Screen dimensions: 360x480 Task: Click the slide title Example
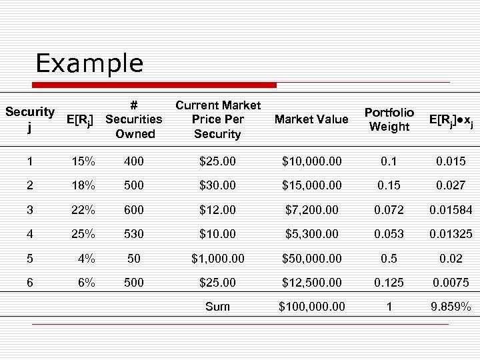(x=89, y=64)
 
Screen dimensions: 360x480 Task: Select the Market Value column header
(x=311, y=119)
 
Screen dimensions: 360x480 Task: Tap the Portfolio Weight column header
(x=389, y=119)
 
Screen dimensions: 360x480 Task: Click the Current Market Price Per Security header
(x=217, y=119)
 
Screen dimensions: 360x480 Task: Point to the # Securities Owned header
(x=134, y=119)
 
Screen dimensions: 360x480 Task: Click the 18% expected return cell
(x=83, y=186)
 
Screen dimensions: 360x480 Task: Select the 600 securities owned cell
(x=133, y=210)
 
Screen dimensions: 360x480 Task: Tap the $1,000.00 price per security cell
(x=218, y=258)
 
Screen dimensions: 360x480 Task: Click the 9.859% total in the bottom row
(x=451, y=307)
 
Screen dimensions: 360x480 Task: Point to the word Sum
(x=217, y=307)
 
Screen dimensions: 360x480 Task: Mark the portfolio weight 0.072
(x=389, y=210)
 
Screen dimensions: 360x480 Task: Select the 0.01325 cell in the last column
(x=451, y=234)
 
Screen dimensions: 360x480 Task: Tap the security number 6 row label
(x=29, y=283)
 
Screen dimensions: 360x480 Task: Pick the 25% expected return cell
(x=83, y=234)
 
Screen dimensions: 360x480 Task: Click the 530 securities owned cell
(x=133, y=234)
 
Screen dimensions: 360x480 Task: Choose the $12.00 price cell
(x=218, y=210)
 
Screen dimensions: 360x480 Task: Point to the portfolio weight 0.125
(x=389, y=283)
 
